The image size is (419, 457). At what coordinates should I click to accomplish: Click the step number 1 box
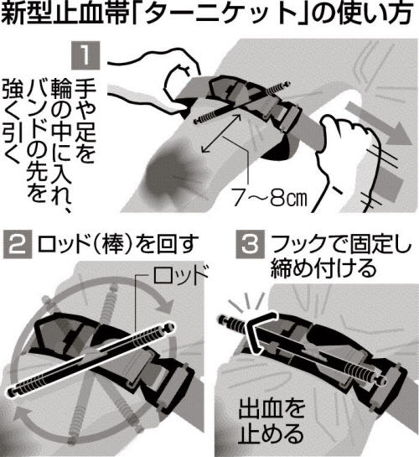[85, 55]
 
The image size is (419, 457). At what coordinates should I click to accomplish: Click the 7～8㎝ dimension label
[270, 198]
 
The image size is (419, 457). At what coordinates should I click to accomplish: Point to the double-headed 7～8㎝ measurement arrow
[221, 132]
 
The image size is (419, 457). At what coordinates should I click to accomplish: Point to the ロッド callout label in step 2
[180, 274]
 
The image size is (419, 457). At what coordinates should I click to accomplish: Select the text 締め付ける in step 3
[323, 267]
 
